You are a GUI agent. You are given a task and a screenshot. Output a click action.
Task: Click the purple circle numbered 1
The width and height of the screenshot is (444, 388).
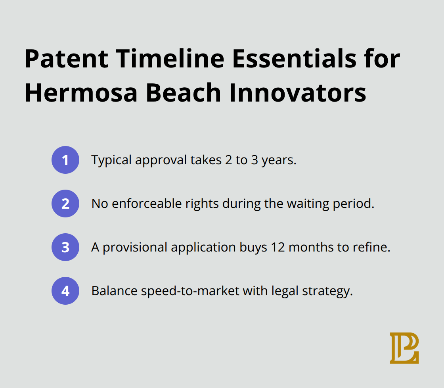click(65, 160)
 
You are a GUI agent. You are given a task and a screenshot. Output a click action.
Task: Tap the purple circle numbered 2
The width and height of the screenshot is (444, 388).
click(65, 204)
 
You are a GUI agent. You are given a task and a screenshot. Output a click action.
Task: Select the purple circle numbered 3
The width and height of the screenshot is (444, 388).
click(65, 247)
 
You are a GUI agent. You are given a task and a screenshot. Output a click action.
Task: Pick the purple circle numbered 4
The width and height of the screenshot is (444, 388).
click(65, 291)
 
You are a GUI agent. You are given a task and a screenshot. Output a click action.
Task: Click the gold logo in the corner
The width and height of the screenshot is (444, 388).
click(404, 348)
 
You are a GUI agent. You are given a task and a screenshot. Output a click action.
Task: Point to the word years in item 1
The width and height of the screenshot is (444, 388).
click(279, 161)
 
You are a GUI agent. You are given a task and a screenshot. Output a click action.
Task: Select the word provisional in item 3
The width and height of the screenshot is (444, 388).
click(137, 248)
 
